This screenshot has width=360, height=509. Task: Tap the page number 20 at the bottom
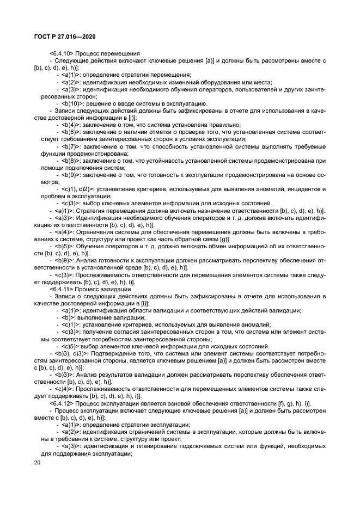point(37,463)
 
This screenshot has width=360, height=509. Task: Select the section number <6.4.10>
point(62,53)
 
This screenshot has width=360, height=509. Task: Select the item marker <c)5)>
point(69,346)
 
